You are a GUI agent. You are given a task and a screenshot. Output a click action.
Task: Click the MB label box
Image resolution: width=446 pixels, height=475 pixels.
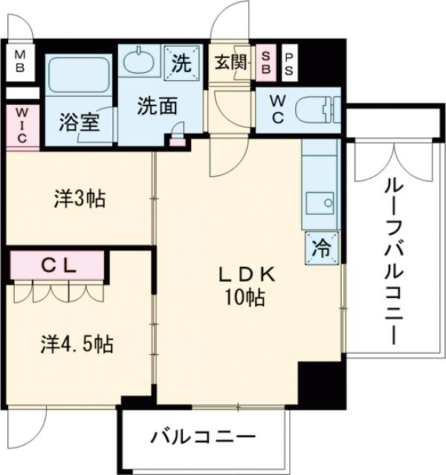tap(20, 61)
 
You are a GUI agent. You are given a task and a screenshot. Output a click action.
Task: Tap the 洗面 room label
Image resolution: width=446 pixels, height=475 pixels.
tap(156, 106)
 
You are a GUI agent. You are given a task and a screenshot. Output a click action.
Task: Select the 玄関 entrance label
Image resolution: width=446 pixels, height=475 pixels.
tap(230, 63)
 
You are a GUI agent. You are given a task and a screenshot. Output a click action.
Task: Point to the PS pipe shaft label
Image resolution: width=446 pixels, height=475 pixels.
tap(288, 62)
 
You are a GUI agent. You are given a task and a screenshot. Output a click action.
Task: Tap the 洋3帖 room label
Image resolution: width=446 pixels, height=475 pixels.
tap(78, 198)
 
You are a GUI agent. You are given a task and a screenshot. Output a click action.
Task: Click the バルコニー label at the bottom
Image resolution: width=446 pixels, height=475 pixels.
tap(203, 436)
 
